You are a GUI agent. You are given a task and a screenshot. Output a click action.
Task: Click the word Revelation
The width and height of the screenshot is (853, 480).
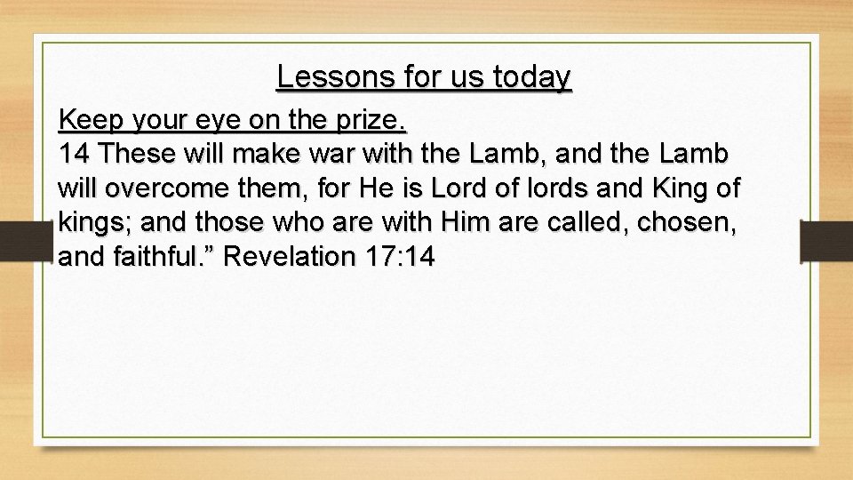click(290, 257)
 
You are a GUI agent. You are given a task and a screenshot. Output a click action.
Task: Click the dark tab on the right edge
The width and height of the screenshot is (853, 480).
click(825, 240)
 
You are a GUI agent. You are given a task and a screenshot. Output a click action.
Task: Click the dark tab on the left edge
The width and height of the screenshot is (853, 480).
click(28, 240)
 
